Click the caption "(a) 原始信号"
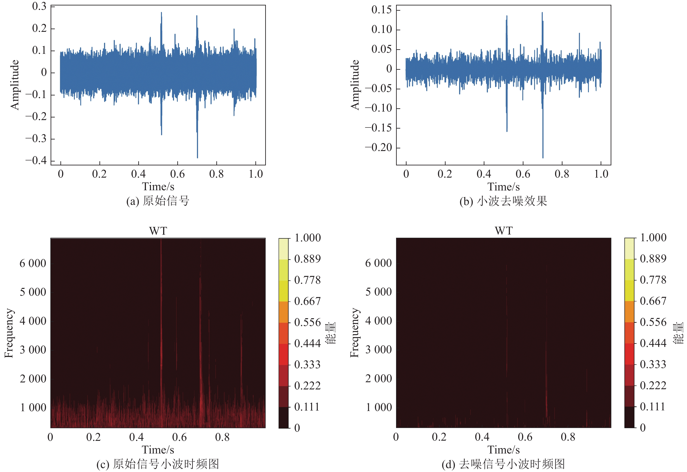coord(158,201)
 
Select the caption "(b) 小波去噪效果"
coord(503,201)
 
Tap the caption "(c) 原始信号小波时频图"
coord(158,464)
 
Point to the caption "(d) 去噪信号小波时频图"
coord(503,464)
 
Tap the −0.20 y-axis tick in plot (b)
coord(378,147)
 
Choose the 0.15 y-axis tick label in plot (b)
coord(381,10)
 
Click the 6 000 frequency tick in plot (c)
coord(33,263)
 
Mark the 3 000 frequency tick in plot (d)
coord(378,350)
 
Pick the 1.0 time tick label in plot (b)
coord(601,174)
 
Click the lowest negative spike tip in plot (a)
coord(197,157)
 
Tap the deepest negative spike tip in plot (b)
coord(543,157)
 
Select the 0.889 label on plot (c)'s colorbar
coord(307,259)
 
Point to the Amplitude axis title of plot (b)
coord(355,85)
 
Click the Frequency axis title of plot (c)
coord(9,333)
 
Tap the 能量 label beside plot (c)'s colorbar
coord(331,333)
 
